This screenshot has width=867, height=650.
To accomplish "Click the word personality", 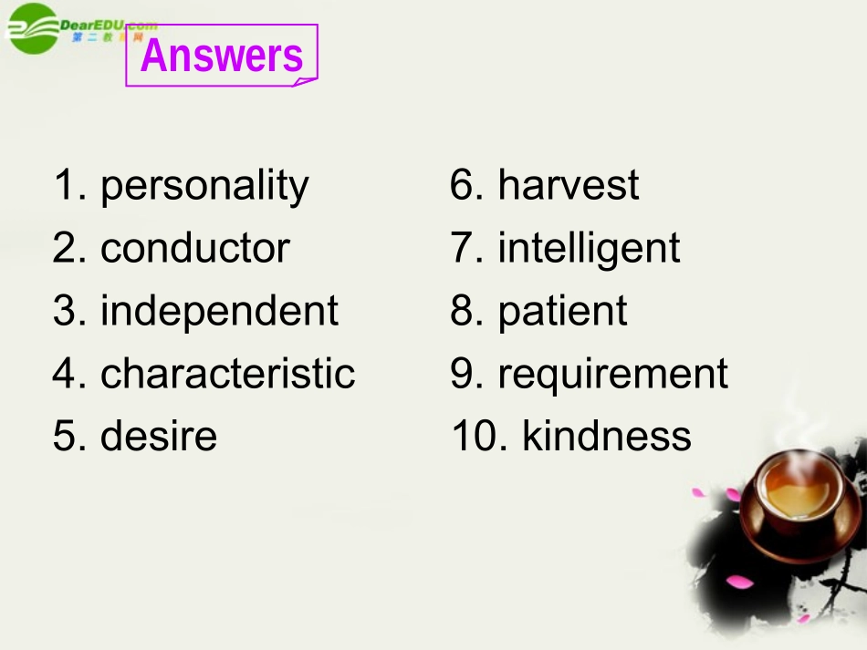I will point(204,187).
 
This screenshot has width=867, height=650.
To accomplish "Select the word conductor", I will point(194,249).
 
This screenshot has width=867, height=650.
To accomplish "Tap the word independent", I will point(219,311).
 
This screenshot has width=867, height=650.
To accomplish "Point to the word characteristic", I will point(227,373).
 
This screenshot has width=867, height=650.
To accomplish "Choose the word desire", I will point(159,436).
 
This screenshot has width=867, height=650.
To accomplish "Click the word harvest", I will point(568,186).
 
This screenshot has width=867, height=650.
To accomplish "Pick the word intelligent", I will point(589,249).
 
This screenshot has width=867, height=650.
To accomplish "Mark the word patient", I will point(562,311).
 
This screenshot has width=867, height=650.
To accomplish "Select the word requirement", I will point(612,374).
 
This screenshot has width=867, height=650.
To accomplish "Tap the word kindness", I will point(607,436).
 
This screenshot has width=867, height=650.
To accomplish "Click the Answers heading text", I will point(222,56).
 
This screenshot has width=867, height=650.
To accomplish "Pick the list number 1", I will point(68,186).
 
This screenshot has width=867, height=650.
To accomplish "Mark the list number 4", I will point(68,373).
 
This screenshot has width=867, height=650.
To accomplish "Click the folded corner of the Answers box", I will point(304,81).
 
